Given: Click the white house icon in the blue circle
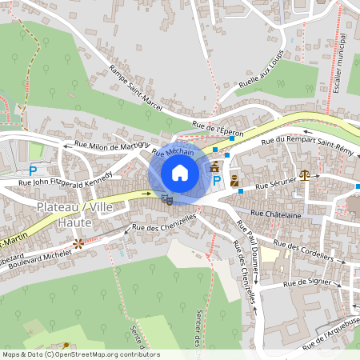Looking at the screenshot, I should point(180,172).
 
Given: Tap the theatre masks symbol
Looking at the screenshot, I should point(166,198).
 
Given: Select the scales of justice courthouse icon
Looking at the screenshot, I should point(304,173).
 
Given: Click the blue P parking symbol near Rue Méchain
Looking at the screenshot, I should point(217,182).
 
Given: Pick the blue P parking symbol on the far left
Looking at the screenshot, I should point(33,170).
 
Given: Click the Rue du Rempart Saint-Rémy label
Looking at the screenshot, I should point(311,142).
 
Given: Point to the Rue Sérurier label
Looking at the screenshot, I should point(276,185).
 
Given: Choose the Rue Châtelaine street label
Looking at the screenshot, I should point(276,214).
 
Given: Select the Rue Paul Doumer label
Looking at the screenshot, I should point(246,254).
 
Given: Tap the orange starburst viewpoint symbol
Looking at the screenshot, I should point(78,242).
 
